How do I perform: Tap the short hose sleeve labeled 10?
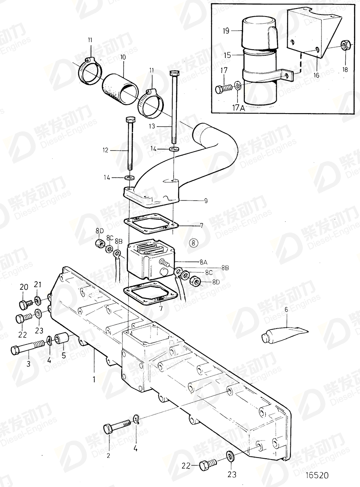pyautogui.click(x=120, y=88)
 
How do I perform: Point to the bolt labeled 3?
pyautogui.click(x=27, y=349)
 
